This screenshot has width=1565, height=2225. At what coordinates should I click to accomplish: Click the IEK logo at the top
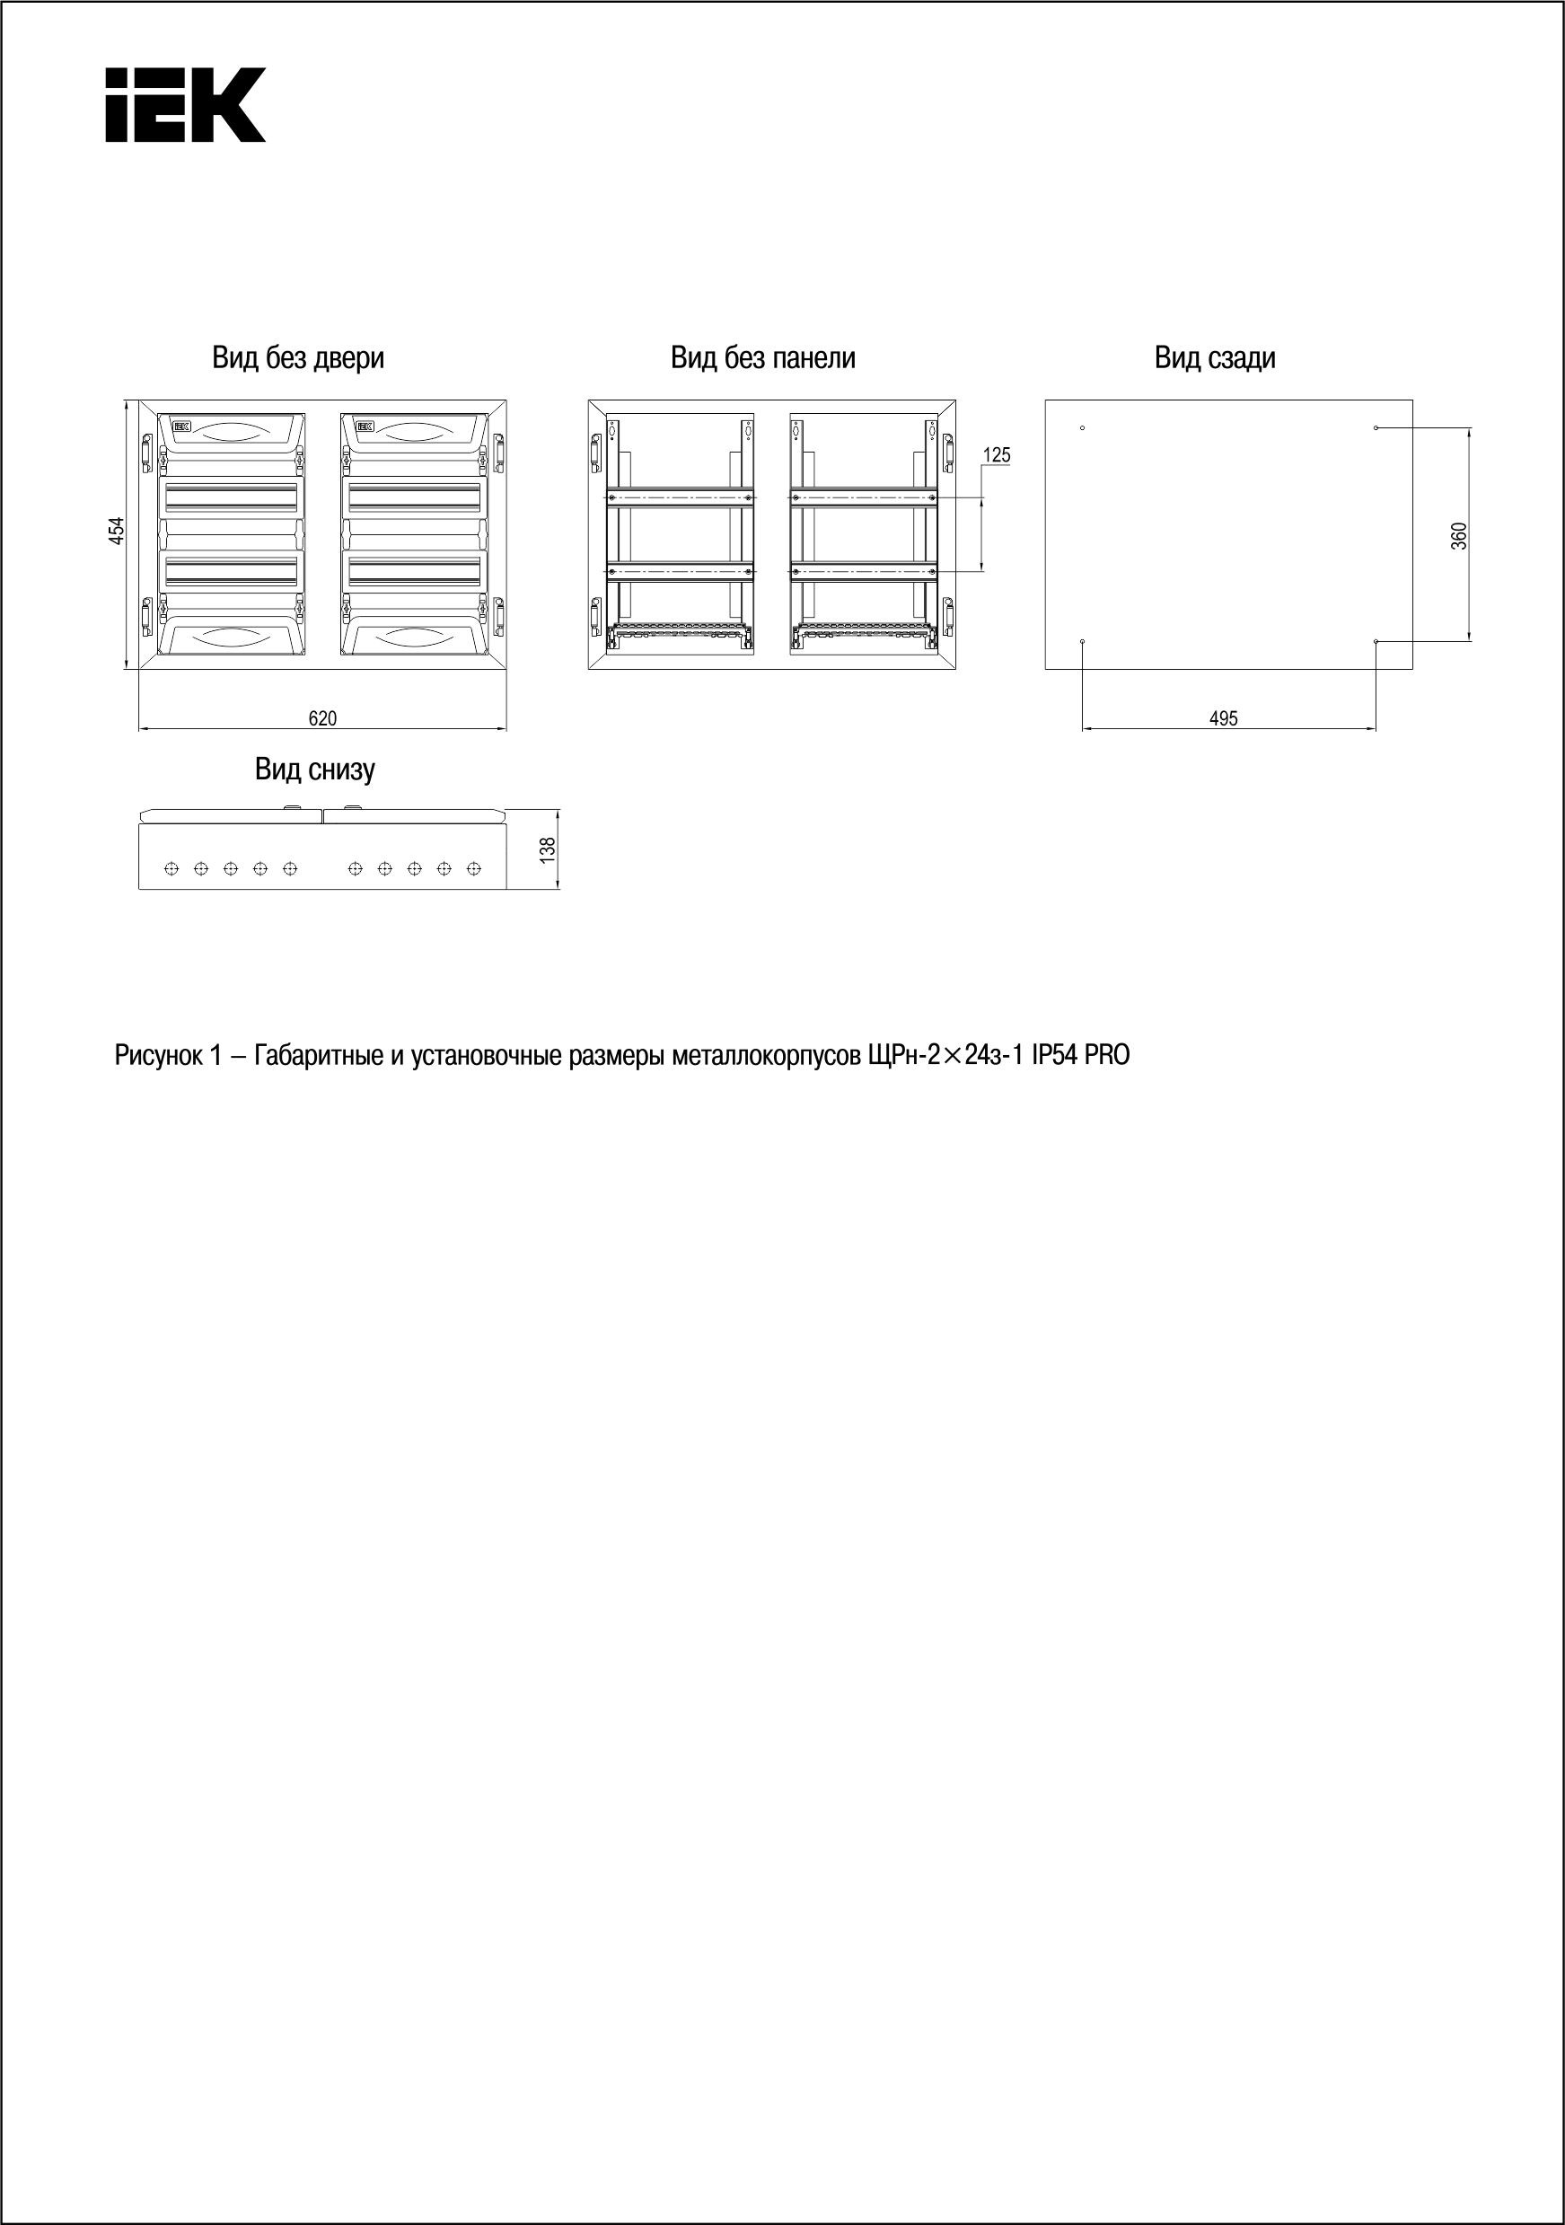[185, 105]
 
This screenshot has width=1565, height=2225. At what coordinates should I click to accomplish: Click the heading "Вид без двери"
[297, 358]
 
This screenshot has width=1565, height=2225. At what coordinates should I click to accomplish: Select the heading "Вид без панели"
[762, 358]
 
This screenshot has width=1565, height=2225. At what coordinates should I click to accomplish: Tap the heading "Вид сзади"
[1214, 358]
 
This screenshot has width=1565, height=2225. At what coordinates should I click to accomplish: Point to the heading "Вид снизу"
[315, 770]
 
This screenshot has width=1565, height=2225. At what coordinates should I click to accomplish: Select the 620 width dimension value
[322, 718]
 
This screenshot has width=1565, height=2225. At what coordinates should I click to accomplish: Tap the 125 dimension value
[996, 454]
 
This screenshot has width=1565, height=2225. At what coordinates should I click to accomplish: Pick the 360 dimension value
[1459, 536]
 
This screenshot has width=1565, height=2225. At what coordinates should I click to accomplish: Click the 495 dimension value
[1224, 718]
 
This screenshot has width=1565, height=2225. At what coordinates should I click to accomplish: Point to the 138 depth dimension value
[549, 849]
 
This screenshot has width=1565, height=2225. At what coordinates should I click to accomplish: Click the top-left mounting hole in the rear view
[1083, 428]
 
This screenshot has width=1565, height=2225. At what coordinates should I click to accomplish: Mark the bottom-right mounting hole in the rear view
[1376, 641]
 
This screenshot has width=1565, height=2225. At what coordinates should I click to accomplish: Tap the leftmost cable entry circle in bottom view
[171, 868]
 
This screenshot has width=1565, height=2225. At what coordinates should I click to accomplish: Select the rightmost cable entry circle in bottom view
[474, 868]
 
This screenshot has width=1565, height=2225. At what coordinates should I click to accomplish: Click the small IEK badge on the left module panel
[182, 426]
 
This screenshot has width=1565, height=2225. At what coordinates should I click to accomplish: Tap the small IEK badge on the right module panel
[365, 426]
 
